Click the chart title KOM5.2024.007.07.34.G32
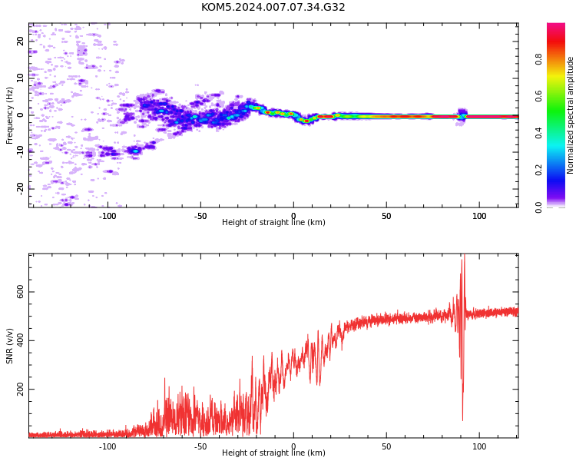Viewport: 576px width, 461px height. pos(273,8)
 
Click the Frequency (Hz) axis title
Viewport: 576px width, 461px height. pos(9,115)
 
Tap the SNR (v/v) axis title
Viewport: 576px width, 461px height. pos(9,346)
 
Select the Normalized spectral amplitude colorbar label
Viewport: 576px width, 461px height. pos(570,115)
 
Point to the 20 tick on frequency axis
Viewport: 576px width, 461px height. pos(20,41)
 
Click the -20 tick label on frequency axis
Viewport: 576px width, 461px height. pos(20,188)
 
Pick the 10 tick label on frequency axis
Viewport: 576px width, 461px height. pos(20,78)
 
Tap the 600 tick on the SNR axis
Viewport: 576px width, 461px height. pos(20,292)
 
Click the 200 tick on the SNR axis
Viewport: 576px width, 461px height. pos(20,389)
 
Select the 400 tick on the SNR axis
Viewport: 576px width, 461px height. pos(20,340)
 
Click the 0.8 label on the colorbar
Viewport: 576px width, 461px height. pos(538,59)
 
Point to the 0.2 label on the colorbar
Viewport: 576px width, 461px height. pos(538,171)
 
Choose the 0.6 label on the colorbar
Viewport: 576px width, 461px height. pos(538,96)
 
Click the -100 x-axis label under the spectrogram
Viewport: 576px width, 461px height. pos(108,216)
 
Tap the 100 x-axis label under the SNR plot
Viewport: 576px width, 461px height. pos(479,446)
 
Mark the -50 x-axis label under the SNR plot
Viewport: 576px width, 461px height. pos(200,446)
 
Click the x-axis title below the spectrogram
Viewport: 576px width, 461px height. pos(273,222)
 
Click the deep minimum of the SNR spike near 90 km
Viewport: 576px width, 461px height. pos(462,420)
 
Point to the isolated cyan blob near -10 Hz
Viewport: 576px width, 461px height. pos(135,151)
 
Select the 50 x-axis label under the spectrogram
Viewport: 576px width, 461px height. pos(386,216)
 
